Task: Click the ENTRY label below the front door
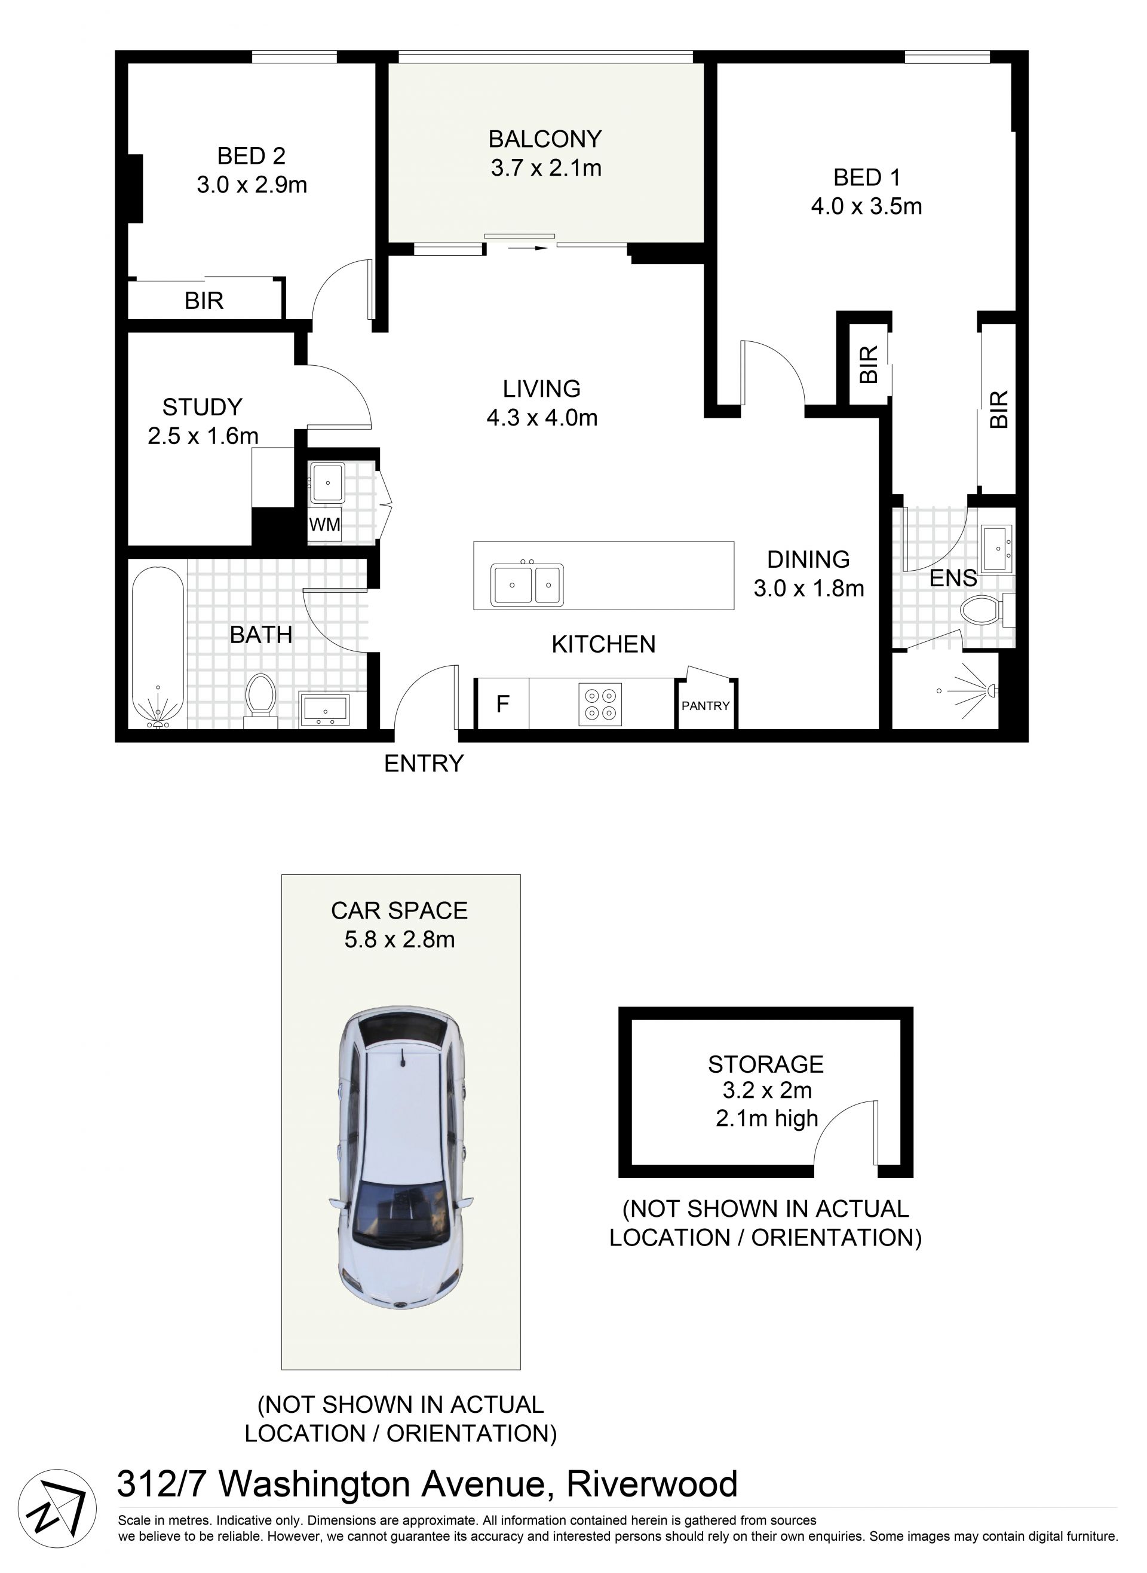tap(424, 763)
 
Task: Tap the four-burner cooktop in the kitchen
tap(600, 704)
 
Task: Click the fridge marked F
tap(502, 704)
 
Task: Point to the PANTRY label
tap(706, 706)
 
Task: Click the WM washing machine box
tap(325, 524)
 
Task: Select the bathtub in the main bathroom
tap(158, 647)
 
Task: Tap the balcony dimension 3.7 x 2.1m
tap(546, 168)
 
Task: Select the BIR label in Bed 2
tap(204, 301)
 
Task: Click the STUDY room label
tap(203, 406)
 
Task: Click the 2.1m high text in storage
tap(767, 1119)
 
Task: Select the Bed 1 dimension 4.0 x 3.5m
tap(866, 206)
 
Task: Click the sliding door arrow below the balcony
tap(528, 247)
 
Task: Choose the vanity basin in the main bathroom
tap(324, 709)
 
